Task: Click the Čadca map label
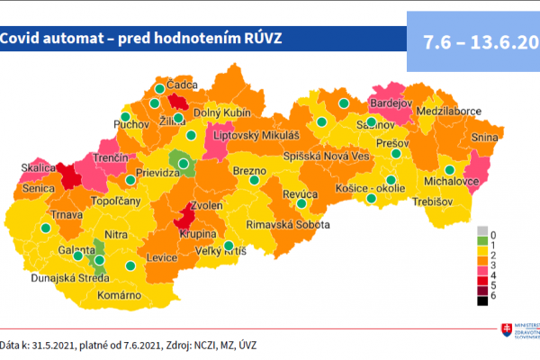(x=180, y=84)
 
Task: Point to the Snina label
(x=485, y=139)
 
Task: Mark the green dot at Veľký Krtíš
(x=229, y=246)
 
